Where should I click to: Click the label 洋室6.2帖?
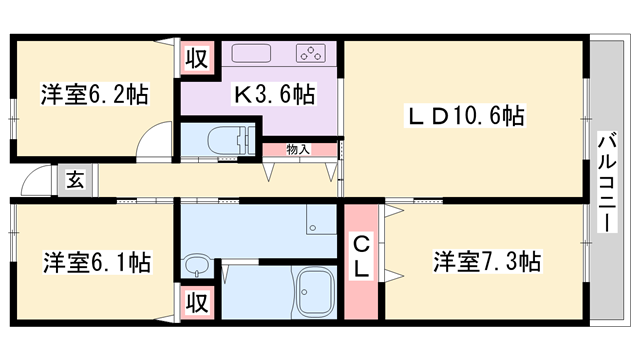pos(95,96)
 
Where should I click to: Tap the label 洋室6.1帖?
pos(97,263)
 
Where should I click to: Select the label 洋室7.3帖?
pos(487,263)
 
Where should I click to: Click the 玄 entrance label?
pos(75,181)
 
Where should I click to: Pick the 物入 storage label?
pos(298,149)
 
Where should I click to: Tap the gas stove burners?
pos(310,54)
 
